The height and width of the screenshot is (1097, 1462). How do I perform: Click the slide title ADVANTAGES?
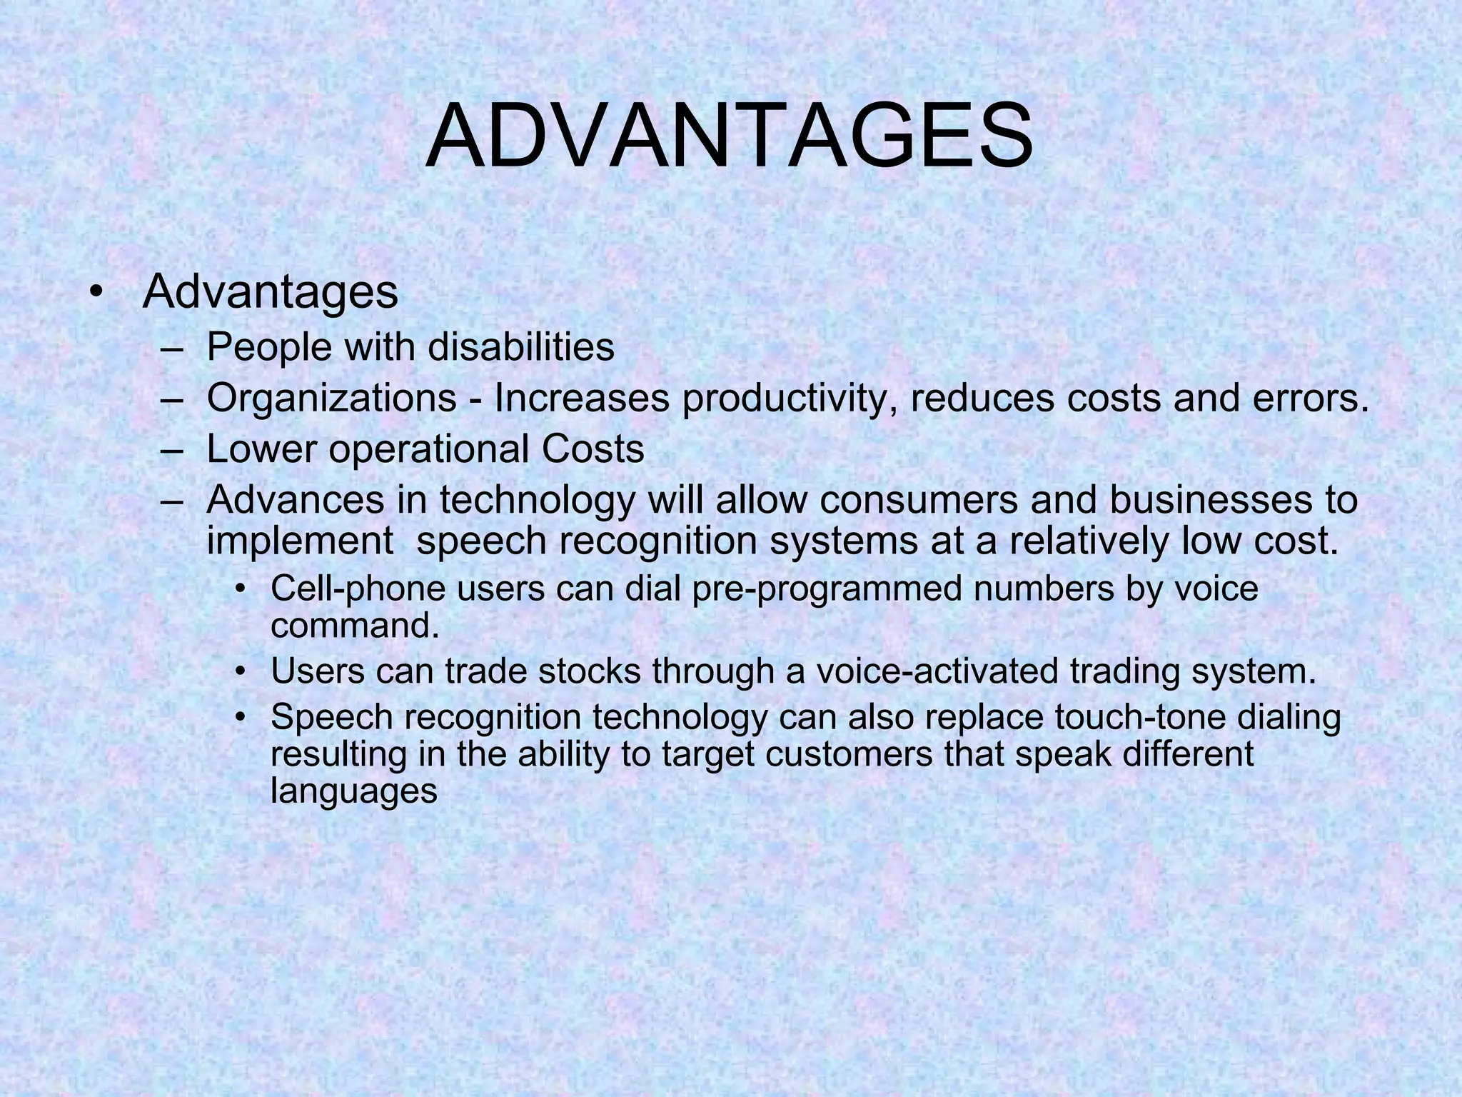pyautogui.click(x=729, y=137)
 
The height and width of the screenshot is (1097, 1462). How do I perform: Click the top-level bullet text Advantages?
pyautogui.click(x=270, y=292)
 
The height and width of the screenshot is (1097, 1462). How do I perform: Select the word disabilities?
pyautogui.click(x=521, y=347)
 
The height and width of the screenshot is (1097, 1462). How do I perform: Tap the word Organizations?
pyautogui.click(x=331, y=398)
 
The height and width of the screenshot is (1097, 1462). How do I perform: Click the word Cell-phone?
pyautogui.click(x=355, y=589)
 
